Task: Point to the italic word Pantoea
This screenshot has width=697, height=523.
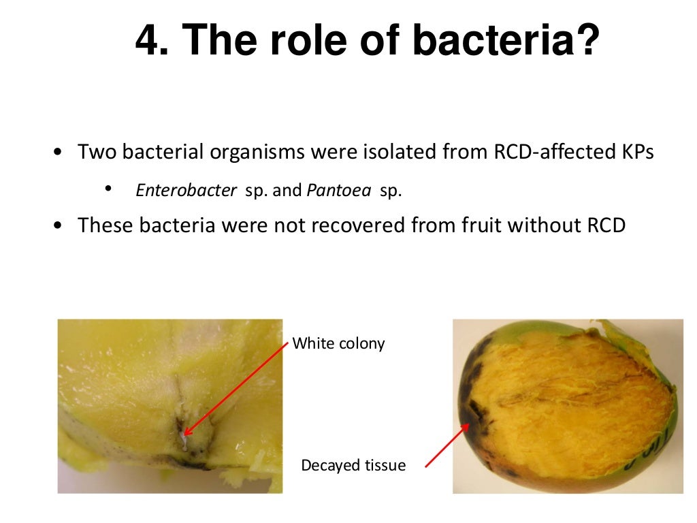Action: click(338, 190)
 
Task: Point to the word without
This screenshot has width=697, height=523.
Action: click(542, 225)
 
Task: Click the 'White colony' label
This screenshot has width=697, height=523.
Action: click(338, 343)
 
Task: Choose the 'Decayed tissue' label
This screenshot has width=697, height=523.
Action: click(353, 466)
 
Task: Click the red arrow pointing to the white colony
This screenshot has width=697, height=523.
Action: click(236, 388)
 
